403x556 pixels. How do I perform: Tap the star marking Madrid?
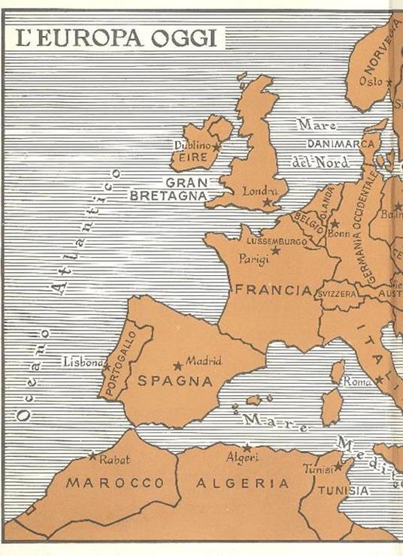tap(178, 366)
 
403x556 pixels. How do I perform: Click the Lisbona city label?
tap(82, 361)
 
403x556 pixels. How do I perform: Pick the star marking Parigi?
tap(275, 250)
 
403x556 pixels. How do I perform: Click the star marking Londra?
tap(266, 202)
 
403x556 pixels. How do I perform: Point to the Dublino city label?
tap(190, 145)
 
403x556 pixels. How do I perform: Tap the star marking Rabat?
tap(92, 456)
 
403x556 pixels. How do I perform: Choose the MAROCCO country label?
tap(115, 482)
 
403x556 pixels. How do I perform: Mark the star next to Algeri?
tap(247, 447)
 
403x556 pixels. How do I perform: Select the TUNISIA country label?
tap(342, 491)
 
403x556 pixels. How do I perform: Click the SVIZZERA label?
tap(337, 294)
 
